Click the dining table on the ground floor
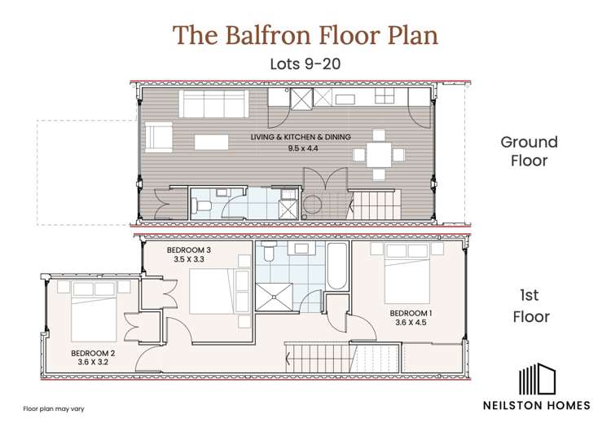pyautogui.click(x=377, y=153)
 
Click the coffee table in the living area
pyautogui.click(x=211, y=142)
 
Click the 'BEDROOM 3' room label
pyautogui.click(x=189, y=249)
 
